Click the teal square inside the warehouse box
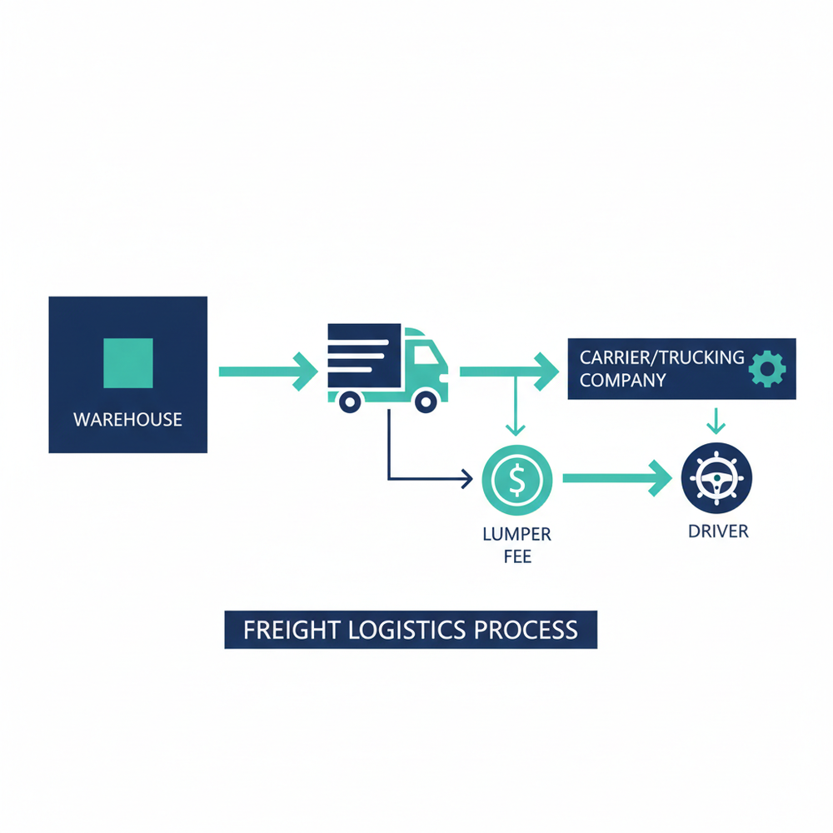coord(127,362)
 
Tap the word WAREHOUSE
coord(127,419)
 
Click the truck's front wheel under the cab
coord(426,402)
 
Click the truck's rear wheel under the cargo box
coord(350,402)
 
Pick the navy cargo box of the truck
coord(364,356)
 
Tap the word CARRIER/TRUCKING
coord(661,358)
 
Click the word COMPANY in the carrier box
coord(622,381)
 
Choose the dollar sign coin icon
coord(516,480)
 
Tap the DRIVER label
coord(718,531)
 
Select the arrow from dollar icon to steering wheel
coord(616,478)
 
